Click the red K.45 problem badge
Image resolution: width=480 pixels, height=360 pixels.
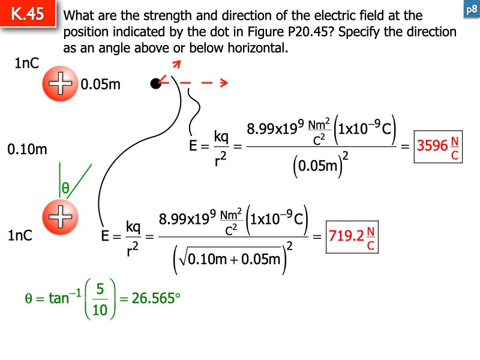pos(28,13)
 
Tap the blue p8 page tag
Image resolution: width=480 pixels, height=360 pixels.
pos(472,10)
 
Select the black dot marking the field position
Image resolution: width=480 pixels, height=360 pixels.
pos(155,83)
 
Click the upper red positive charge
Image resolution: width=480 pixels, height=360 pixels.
pos(61,83)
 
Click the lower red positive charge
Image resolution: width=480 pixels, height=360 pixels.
pos(61,217)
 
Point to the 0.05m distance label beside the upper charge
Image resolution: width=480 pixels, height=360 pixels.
pos(100,84)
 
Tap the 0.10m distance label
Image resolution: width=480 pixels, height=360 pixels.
pos(27,149)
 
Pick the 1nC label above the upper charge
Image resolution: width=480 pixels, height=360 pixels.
pos(26,63)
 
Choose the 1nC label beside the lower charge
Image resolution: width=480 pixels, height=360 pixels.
pos(20,235)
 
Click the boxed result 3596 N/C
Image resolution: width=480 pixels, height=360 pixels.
pos(438,146)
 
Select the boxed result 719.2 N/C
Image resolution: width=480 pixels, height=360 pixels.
pos(352,237)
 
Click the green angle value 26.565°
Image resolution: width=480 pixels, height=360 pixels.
pos(156,298)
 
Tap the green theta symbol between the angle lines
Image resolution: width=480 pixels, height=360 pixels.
pos(65,187)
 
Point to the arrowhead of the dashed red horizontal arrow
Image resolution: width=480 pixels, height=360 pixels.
pos(224,82)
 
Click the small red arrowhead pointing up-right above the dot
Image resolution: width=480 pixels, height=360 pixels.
pos(177,64)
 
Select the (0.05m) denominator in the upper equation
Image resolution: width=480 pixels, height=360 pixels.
pos(320,165)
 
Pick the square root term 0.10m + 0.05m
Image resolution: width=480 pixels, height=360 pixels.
pos(230,259)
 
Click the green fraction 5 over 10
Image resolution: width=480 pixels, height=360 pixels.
pos(100,299)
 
